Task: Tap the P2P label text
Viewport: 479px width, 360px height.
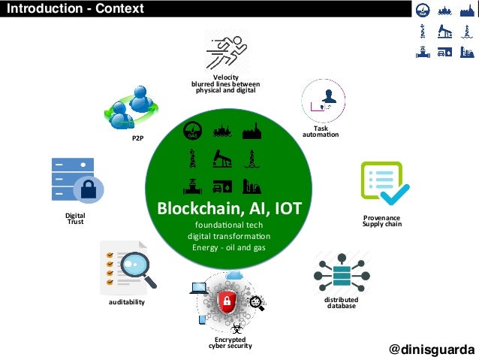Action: pyautogui.click(x=137, y=139)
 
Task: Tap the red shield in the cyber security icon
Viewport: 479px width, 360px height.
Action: pyautogui.click(x=225, y=302)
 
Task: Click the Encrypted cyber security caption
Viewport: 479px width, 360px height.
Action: pyautogui.click(x=230, y=343)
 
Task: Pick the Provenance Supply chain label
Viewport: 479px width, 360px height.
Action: pyautogui.click(x=382, y=221)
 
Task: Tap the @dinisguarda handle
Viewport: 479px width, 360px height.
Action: pyautogui.click(x=432, y=349)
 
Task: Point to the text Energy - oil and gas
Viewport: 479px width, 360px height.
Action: pyautogui.click(x=229, y=248)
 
